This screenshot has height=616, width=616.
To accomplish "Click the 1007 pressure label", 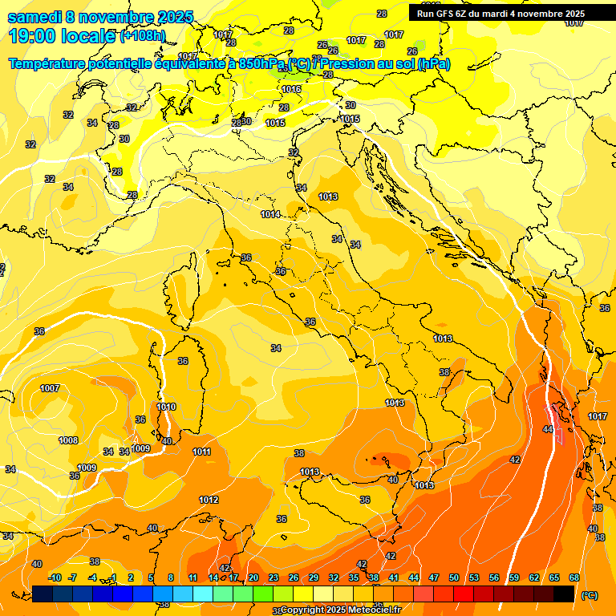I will pyautogui.click(x=50, y=388).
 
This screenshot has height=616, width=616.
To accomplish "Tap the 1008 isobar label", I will pyautogui.click(x=68, y=440).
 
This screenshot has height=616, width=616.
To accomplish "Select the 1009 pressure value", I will pyautogui.click(x=87, y=468).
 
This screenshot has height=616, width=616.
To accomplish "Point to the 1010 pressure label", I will pyautogui.click(x=166, y=407).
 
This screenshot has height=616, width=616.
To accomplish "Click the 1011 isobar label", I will pyautogui.click(x=201, y=452).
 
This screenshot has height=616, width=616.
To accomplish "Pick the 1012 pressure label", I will pyautogui.click(x=209, y=500).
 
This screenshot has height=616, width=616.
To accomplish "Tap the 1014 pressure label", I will pyautogui.click(x=270, y=215).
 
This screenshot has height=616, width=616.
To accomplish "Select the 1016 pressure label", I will pyautogui.click(x=291, y=89).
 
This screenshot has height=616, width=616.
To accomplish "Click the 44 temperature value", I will pyautogui.click(x=548, y=430).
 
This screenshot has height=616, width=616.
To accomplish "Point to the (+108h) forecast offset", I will pyautogui.click(x=143, y=36).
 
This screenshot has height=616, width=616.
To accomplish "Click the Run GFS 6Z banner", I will pyautogui.click(x=500, y=14).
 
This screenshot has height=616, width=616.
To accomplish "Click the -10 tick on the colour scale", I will pyautogui.click(x=55, y=578).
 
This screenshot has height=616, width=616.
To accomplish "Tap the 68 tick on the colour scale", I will pyautogui.click(x=574, y=578).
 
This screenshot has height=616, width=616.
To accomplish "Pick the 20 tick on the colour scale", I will pyautogui.click(x=253, y=578).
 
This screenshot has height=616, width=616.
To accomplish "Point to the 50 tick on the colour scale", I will pyautogui.click(x=454, y=578).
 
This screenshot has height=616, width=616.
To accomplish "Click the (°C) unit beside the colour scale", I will pyautogui.click(x=590, y=595).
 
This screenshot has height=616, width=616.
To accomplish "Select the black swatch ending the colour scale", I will pyautogui.click(x=564, y=594).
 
